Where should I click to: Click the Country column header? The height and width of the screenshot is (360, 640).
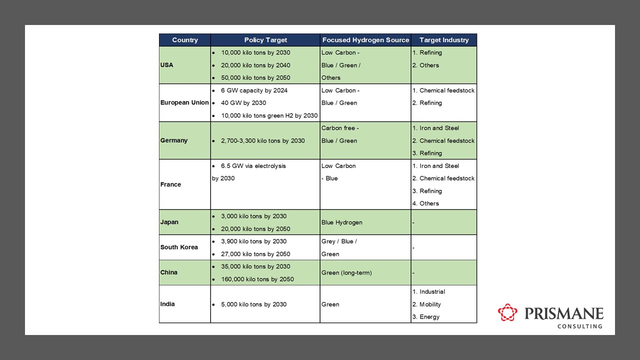point(184,40)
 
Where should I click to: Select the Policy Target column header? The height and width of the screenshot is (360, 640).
point(265,40)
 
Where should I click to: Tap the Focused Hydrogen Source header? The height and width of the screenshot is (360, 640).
point(365,40)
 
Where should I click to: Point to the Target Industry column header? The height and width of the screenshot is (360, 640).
point(444,40)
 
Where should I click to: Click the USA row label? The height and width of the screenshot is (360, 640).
point(167,65)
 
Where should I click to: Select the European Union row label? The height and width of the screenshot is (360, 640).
point(184,102)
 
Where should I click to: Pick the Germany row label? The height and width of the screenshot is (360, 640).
point(174,140)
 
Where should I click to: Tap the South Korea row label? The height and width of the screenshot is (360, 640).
point(179,247)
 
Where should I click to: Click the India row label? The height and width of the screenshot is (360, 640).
point(167,304)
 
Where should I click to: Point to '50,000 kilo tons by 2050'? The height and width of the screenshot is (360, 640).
point(255,77)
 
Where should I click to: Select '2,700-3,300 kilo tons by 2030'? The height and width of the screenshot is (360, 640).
point(262,140)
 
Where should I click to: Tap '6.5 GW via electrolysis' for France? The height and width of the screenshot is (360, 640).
point(253,165)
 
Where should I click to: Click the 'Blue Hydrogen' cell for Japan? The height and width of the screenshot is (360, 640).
point(342,222)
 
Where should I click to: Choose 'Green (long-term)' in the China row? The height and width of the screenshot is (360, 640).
point(346,272)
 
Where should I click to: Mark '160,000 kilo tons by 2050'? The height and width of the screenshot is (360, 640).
point(257,279)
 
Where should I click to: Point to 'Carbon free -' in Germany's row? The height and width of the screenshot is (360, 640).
point(340,128)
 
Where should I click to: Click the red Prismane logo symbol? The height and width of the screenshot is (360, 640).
point(507,312)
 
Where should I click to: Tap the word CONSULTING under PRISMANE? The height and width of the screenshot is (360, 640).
point(580,326)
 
